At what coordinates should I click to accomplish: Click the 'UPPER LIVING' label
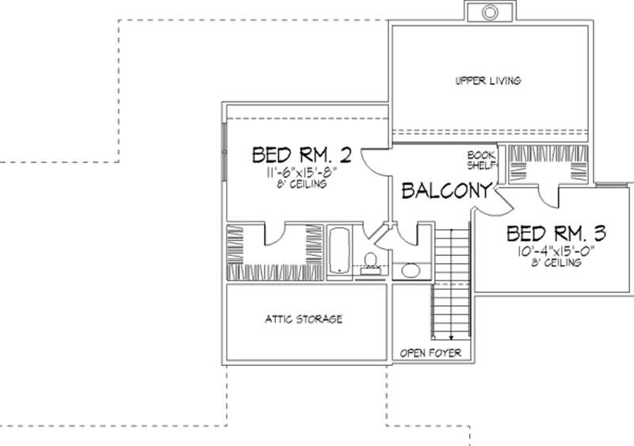487,81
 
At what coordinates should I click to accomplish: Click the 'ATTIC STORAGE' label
304,319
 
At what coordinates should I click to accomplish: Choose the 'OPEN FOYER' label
430,353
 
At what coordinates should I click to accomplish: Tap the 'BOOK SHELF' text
481,161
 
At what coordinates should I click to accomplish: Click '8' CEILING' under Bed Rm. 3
556,263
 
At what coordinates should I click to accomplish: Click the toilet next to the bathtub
370,261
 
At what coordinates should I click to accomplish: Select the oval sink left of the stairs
411,271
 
